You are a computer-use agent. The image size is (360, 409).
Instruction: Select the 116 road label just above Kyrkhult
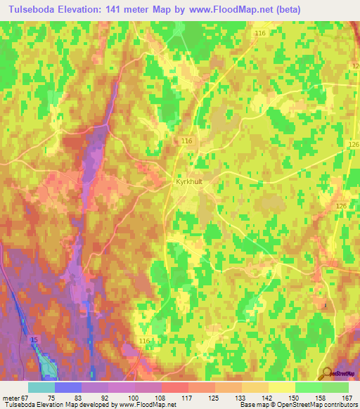tap(186, 141)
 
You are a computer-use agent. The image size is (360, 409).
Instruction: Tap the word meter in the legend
tap(10, 398)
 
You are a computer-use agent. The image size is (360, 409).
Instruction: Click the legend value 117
tap(188, 398)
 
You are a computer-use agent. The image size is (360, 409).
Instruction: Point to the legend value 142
tap(269, 398)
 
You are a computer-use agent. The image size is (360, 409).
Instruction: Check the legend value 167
tap(347, 398)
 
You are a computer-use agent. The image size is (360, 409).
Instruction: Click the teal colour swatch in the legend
tap(41, 387)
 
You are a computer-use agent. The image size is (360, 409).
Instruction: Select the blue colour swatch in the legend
tap(68, 387)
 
